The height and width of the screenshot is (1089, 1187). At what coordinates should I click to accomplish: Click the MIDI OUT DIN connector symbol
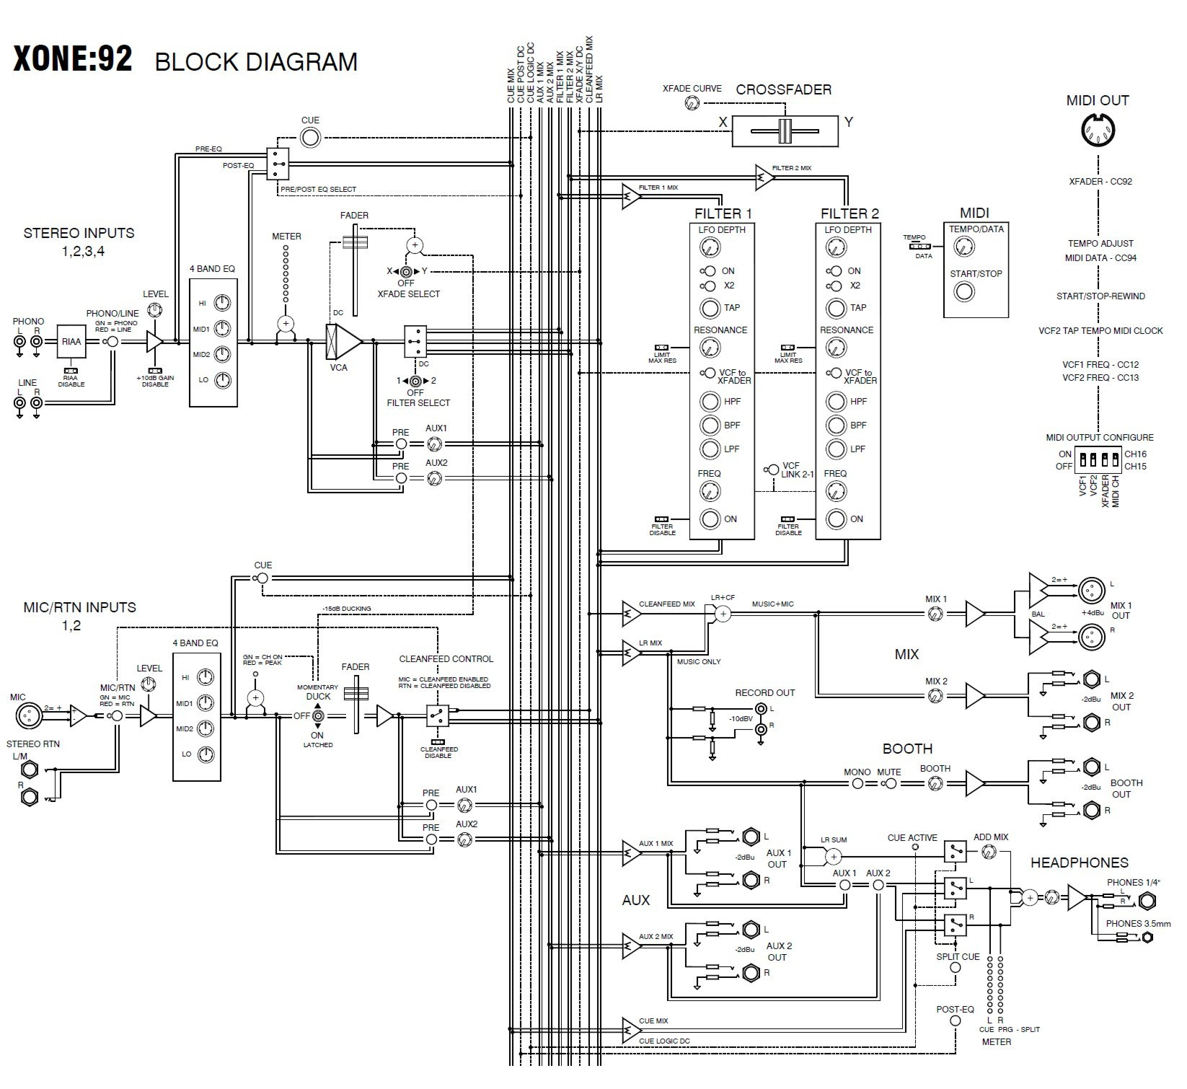pos(1098,131)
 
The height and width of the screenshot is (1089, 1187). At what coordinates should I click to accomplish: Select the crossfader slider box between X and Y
pos(785,131)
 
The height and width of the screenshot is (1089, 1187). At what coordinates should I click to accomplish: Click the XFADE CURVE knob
pos(692,103)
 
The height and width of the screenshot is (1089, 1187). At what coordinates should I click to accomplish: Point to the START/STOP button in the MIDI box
pos(964,291)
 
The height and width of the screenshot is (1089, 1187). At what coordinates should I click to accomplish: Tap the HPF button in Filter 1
pos(710,402)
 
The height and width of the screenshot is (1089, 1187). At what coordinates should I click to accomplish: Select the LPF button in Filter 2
pos(836,449)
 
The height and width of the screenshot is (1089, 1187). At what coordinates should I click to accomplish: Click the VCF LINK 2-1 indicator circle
pos(772,469)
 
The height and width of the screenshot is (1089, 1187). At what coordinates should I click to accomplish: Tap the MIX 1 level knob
pos(935,614)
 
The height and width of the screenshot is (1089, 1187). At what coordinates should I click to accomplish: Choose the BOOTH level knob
pos(935,782)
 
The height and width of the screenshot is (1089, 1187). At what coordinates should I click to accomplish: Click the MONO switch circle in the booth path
pos(857,783)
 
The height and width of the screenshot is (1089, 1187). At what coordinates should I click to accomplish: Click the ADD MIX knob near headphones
pos(987,852)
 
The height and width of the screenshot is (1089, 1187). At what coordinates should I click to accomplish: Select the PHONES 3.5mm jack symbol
pos(1147,938)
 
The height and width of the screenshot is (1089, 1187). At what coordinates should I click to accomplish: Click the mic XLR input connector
pos(29,715)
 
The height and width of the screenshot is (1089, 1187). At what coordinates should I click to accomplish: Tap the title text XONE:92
pos(73,60)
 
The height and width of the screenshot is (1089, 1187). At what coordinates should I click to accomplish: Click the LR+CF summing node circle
pos(723,613)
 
